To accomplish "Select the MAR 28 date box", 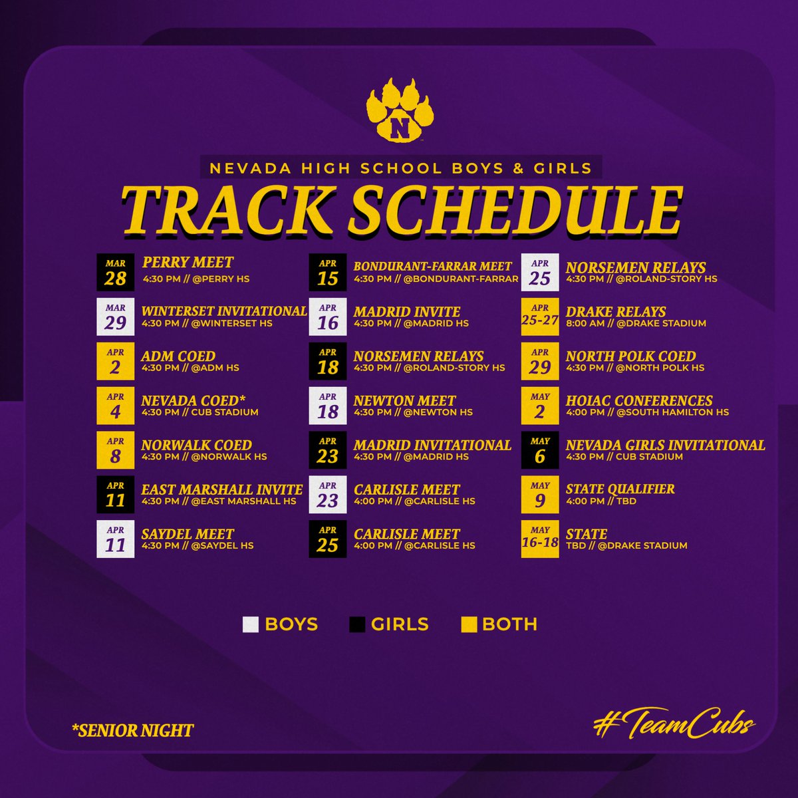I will [x=115, y=273].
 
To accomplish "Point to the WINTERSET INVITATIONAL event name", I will [x=224, y=311].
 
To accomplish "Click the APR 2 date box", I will [x=115, y=362].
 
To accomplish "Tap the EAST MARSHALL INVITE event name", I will [x=222, y=489].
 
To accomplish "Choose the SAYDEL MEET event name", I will [x=188, y=534].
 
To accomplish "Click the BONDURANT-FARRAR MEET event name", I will [x=433, y=267].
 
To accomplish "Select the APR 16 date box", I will [x=328, y=317].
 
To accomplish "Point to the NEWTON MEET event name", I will [x=404, y=400].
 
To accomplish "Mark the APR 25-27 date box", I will [x=540, y=317].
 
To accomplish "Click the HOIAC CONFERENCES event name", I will [x=639, y=400].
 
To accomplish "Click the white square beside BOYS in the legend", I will [x=251, y=624].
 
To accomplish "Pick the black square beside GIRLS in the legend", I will [x=357, y=624].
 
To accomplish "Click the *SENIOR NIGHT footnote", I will [x=133, y=731].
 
